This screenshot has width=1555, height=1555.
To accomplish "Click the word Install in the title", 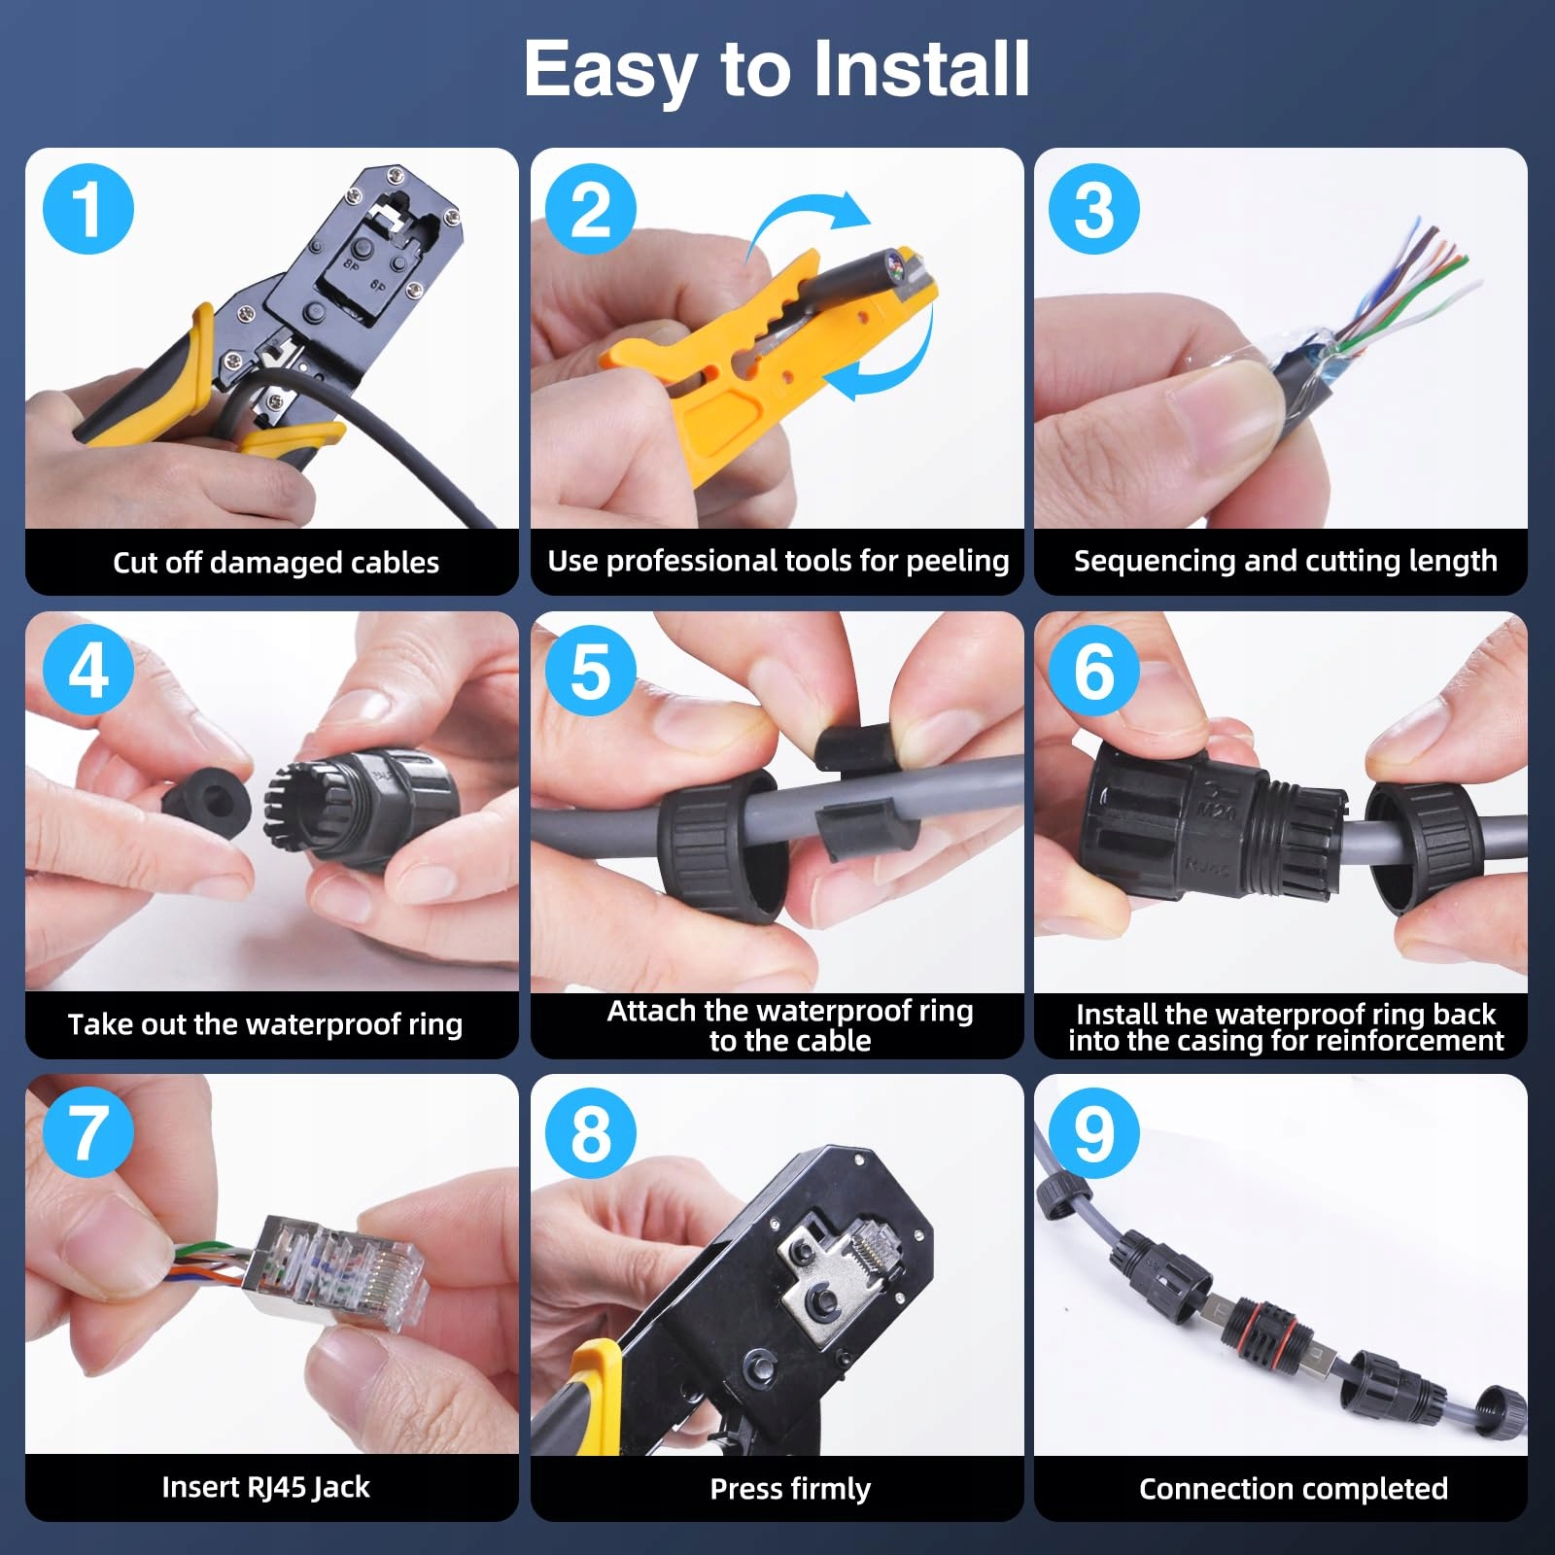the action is pos(920,69).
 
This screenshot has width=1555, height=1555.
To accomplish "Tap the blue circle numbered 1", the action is pos(88,209).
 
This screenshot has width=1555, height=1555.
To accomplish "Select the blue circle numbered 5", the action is pos(591,671).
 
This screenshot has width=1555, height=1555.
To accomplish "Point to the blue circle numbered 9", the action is pos(1094,1133).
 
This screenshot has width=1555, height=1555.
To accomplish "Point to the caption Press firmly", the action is pos(790,1488).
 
